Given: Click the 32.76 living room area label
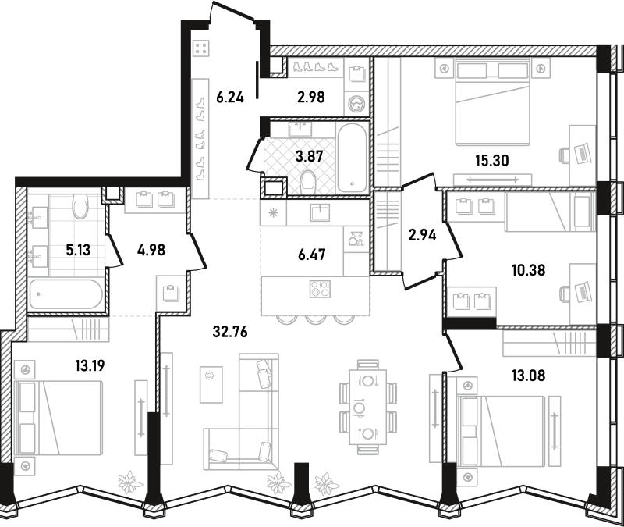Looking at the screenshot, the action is [230, 331].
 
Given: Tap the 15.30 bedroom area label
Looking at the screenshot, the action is [492, 161].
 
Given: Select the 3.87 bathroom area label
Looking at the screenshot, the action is [309, 156].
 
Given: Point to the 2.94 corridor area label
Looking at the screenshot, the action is [422, 235].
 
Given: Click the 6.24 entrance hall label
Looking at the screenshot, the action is [230, 97].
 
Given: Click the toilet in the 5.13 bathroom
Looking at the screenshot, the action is [80, 206].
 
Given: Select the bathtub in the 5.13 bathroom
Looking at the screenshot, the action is [66, 294].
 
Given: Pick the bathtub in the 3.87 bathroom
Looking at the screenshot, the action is [352, 158].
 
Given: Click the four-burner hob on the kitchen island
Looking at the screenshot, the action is [320, 289].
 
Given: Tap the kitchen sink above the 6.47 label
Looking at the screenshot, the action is [321, 212].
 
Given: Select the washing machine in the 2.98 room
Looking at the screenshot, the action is [357, 105].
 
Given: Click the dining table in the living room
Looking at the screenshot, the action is [368, 407].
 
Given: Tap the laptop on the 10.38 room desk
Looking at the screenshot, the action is [583, 292].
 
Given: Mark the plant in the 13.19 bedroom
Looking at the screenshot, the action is [130, 482].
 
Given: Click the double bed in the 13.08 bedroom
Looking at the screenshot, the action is [502, 431].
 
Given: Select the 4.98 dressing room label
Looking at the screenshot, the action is [151, 250].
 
